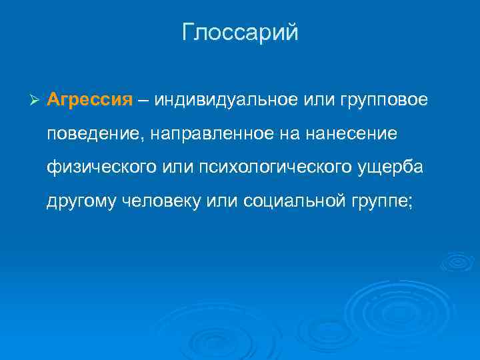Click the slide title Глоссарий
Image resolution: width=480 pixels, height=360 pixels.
240,33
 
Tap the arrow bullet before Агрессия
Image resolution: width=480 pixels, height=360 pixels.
36,101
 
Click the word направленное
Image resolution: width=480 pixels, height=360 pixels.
205,135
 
